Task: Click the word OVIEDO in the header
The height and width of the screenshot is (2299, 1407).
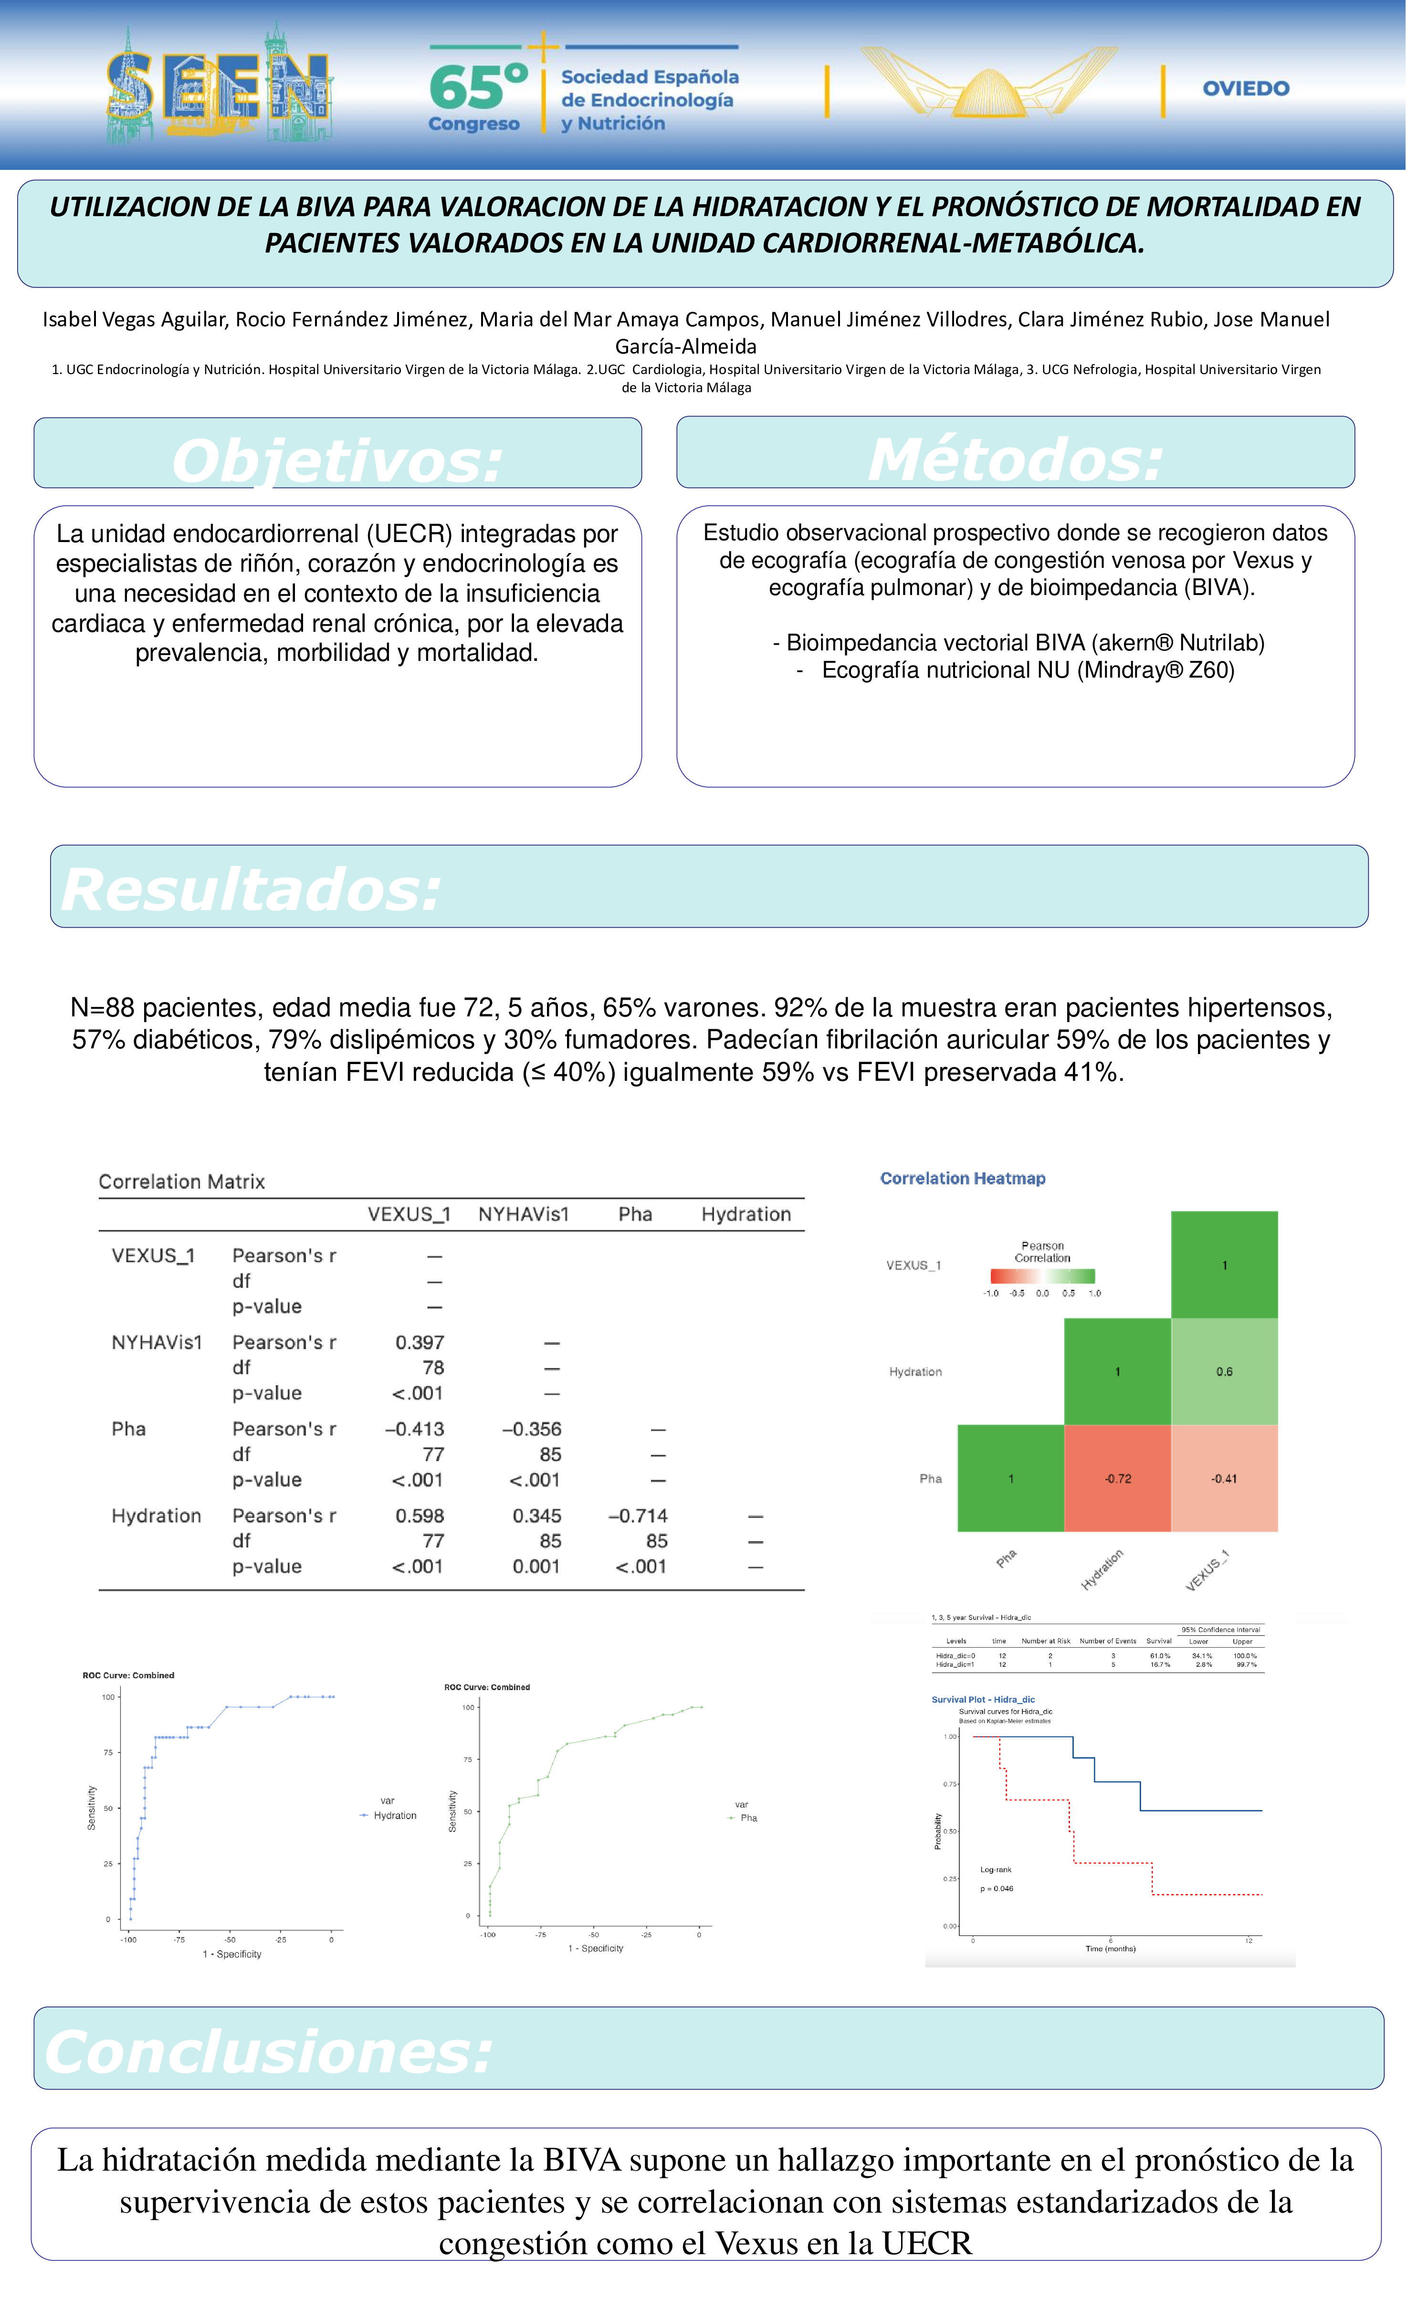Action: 1246,89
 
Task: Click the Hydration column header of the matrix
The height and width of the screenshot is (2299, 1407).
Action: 745,1214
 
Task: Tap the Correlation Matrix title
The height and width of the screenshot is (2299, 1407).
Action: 182,1181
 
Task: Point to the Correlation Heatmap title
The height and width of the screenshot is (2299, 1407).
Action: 962,1179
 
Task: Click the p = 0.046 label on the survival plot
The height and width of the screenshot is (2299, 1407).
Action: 997,1889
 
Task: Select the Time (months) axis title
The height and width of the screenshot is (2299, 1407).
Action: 1110,1948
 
